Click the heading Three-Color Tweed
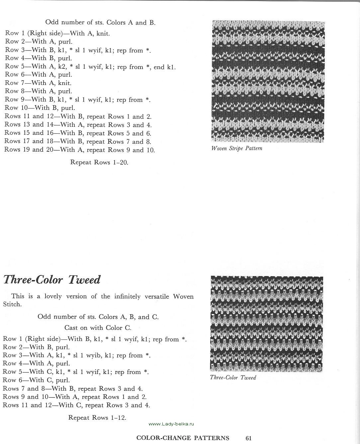(x=51, y=280)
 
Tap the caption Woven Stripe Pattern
(x=237, y=148)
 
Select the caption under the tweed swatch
(x=233, y=378)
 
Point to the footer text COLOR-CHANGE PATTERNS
(x=183, y=438)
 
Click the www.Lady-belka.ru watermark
(x=171, y=424)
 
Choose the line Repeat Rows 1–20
(x=99, y=163)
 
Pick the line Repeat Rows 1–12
(x=97, y=417)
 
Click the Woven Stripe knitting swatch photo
(x=268, y=82)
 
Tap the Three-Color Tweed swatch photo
(x=266, y=324)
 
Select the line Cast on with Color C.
(x=98, y=328)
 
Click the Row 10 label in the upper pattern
(x=18, y=108)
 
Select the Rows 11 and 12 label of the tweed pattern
(x=23, y=405)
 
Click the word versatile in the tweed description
(x=156, y=296)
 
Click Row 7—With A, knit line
(x=38, y=83)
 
